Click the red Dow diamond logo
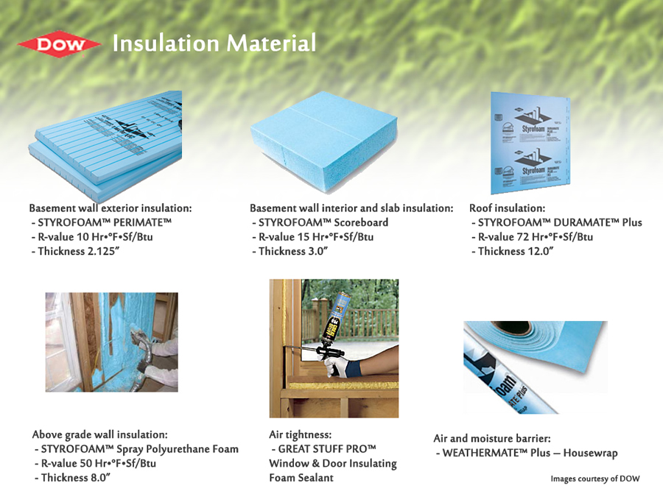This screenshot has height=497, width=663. [59, 44]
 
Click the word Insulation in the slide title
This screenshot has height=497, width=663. [166, 43]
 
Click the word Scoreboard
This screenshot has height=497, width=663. [361, 222]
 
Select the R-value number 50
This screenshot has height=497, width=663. [86, 463]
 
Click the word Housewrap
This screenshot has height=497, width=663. [590, 453]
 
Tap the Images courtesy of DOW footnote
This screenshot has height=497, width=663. [595, 479]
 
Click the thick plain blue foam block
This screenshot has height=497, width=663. [324, 141]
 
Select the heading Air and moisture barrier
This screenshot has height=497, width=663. [492, 438]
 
